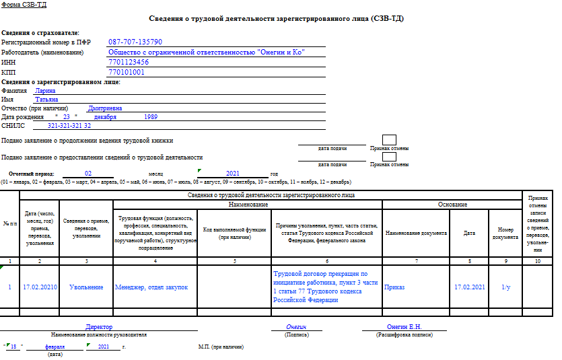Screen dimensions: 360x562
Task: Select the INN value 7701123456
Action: [129, 62]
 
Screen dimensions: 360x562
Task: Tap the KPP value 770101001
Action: [127, 72]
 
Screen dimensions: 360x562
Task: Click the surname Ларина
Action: [45, 90]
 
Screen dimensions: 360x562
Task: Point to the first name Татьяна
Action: [46, 100]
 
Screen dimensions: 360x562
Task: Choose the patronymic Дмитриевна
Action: [105, 108]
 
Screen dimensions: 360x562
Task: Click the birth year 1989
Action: [151, 116]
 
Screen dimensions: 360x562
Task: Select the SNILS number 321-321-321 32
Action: [69, 126]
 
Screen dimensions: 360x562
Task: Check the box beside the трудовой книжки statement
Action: [389, 140]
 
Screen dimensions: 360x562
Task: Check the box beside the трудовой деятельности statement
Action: [389, 157]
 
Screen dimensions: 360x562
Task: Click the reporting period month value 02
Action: [88, 174]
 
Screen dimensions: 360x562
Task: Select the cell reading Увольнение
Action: [86, 287]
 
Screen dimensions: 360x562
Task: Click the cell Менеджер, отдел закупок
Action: [151, 287]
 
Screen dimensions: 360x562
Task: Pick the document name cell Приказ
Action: [394, 287]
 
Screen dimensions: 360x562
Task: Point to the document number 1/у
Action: [506, 287]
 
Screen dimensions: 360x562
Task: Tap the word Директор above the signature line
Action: [99, 326]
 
